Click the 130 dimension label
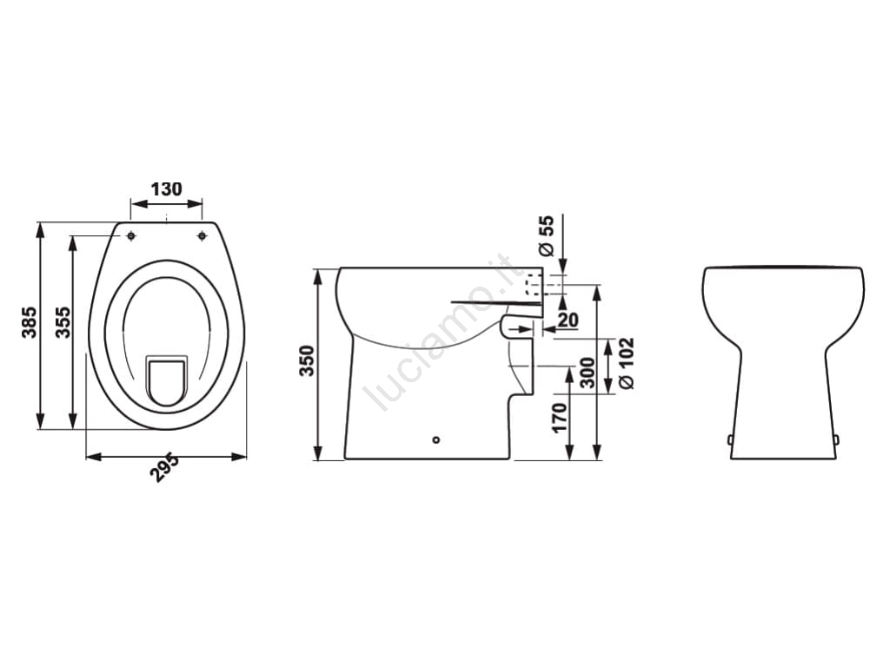tap(166, 188)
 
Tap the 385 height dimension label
tap(29, 322)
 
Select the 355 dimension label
tap(63, 322)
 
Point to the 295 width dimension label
tap(164, 468)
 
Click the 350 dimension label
tap(307, 360)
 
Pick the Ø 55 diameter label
tap(545, 234)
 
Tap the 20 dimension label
tap(568, 320)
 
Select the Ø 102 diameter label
tap(626, 364)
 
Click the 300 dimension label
tap(588, 373)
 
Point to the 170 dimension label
tap(560, 418)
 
